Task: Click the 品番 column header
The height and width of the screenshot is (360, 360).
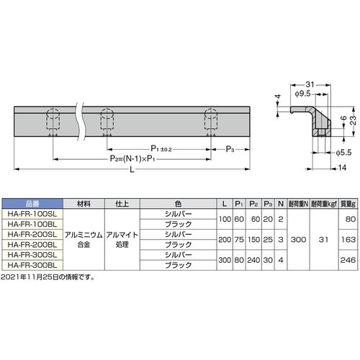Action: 32,204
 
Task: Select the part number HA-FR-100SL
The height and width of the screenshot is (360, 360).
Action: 32,214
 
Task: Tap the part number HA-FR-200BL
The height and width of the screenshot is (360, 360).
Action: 32,245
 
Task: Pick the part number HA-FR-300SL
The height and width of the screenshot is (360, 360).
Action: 32,255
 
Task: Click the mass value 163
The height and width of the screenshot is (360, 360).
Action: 348,240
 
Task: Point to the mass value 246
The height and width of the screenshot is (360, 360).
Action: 348,260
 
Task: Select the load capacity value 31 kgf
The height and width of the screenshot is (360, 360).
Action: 323,240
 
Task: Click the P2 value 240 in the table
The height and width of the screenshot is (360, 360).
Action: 253,260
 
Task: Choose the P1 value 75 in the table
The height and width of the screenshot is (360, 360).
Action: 239,240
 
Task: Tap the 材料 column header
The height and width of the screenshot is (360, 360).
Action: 84,204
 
